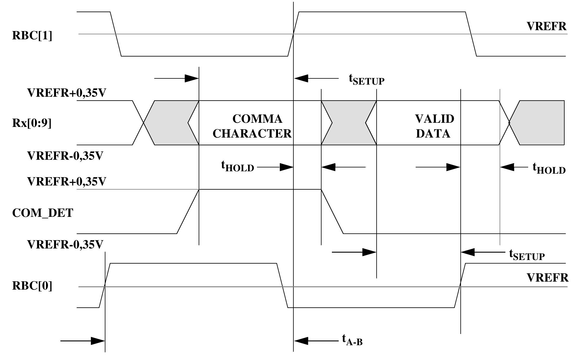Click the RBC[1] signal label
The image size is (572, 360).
(32, 36)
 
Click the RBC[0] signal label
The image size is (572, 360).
(32, 286)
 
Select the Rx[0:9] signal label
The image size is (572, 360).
(32, 123)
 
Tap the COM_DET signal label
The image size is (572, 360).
(43, 213)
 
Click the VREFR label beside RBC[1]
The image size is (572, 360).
(547, 27)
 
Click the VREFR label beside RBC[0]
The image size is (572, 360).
(548, 278)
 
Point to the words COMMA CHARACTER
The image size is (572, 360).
(252, 126)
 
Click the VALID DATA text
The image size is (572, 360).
(434, 126)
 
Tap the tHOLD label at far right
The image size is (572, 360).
(549, 168)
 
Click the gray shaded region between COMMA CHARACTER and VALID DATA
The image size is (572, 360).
(349, 123)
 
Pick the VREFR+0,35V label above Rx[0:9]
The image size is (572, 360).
(67, 93)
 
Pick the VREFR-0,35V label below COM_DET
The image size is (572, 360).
(65, 245)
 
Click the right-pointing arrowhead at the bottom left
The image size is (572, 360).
(98, 341)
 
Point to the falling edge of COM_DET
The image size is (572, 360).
(332, 212)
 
